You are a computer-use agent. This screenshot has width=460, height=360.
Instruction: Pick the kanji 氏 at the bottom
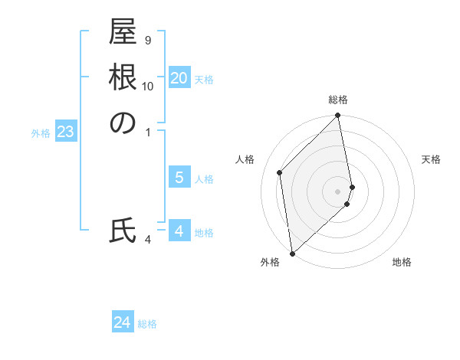(x=123, y=231)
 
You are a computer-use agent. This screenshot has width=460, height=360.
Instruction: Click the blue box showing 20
(x=179, y=78)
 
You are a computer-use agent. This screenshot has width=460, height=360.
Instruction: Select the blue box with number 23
(x=66, y=133)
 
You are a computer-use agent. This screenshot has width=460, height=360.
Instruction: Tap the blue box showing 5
(x=179, y=178)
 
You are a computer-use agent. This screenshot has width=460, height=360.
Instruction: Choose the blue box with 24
(x=123, y=323)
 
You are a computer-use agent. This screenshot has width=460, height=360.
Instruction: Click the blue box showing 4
(x=179, y=231)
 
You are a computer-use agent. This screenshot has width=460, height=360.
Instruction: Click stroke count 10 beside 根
(x=148, y=87)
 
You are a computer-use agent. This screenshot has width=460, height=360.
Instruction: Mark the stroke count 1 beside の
(x=148, y=133)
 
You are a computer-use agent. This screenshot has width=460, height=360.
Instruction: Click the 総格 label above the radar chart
(x=338, y=100)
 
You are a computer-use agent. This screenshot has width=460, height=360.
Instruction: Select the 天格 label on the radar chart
(x=431, y=159)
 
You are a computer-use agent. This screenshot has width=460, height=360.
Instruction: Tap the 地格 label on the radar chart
(x=402, y=262)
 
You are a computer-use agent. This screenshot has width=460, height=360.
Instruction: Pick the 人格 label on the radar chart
(x=245, y=159)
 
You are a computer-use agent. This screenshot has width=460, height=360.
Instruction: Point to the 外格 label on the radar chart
(x=269, y=262)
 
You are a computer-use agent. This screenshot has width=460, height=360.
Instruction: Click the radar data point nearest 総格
(x=338, y=116)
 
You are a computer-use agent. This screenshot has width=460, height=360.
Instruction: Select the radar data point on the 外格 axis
(x=292, y=253)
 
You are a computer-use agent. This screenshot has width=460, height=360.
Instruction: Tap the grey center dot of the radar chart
(x=338, y=191)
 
